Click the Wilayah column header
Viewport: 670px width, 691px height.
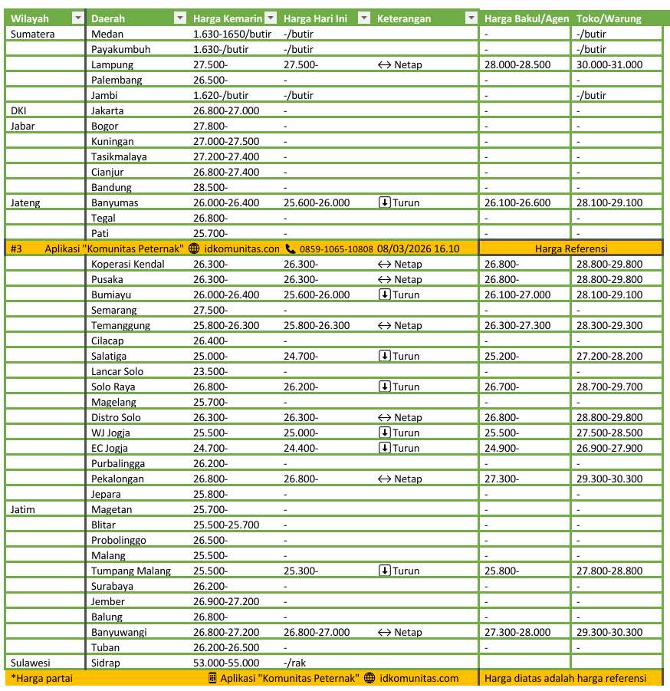[x=29, y=18]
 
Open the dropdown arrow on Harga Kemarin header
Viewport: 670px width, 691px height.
[x=270, y=18]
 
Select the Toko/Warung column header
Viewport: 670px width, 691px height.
[x=609, y=18]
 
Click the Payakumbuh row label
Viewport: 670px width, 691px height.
[x=120, y=49]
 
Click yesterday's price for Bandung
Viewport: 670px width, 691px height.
[x=210, y=187]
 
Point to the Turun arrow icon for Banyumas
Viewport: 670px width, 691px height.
[x=385, y=202]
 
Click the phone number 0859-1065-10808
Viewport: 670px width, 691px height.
[x=336, y=248]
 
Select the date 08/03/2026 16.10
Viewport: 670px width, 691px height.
[x=418, y=248]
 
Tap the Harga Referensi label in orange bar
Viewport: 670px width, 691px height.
[x=571, y=248]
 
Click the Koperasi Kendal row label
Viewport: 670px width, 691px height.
[x=127, y=264]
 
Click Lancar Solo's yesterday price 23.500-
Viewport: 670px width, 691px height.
[x=210, y=371]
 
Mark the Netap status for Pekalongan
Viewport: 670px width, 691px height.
[x=407, y=479]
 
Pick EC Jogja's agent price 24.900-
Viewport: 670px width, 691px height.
[x=501, y=448]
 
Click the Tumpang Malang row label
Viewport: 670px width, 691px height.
[x=130, y=571]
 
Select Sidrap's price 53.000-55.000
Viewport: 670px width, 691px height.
[x=226, y=663]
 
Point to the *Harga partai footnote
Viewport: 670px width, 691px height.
[x=38, y=678]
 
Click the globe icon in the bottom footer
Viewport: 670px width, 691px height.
[x=369, y=678]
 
